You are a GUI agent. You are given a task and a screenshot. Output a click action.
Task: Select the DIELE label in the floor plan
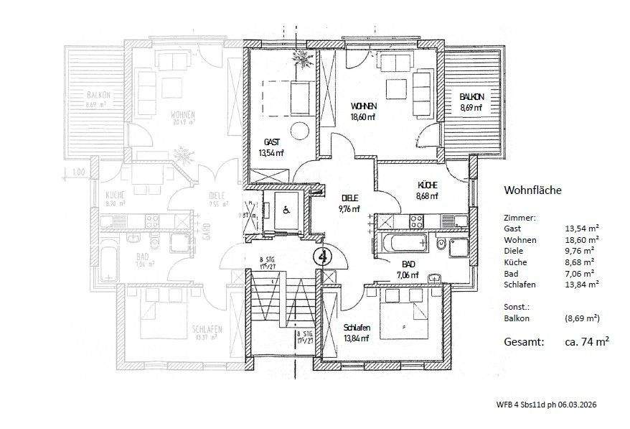(x=349, y=198)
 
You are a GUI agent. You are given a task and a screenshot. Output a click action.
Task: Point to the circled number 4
(x=322, y=254)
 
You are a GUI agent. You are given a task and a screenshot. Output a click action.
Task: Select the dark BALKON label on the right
(x=471, y=97)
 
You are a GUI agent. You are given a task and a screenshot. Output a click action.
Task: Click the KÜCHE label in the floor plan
(x=427, y=185)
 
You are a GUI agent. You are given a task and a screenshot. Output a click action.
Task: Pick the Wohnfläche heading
(x=532, y=190)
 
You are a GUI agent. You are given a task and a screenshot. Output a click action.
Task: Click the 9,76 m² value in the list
(x=582, y=251)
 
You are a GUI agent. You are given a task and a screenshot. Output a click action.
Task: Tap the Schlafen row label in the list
(x=519, y=285)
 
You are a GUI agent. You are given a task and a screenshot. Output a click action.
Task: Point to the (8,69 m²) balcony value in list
(x=582, y=318)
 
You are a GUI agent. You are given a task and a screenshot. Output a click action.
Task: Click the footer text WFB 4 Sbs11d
(x=525, y=405)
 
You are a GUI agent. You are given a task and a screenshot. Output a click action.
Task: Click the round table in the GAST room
(x=299, y=132)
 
